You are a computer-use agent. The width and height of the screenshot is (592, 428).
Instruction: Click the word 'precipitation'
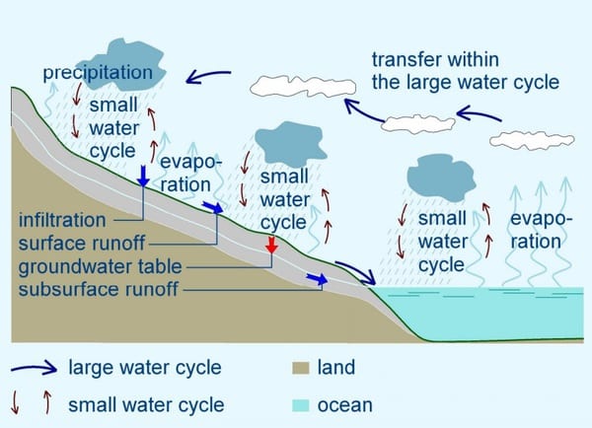(98, 72)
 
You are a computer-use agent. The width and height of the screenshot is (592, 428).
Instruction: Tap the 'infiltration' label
(62, 220)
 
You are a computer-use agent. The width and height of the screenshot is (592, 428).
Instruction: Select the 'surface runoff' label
(82, 243)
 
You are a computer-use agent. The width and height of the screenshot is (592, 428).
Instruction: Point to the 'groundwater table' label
(100, 266)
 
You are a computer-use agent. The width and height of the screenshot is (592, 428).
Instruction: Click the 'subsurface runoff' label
(98, 290)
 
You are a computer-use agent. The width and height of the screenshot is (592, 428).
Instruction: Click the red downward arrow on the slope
(271, 245)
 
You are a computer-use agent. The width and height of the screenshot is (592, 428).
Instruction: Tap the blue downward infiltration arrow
(143, 176)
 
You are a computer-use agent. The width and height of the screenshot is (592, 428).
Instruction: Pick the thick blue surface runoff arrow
(213, 207)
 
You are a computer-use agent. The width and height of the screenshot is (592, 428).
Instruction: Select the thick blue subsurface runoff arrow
(317, 278)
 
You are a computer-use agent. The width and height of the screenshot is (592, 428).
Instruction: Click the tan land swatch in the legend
(301, 368)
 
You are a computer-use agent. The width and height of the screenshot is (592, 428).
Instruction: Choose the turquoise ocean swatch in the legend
(301, 405)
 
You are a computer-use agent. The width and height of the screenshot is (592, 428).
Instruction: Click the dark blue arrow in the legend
(34, 367)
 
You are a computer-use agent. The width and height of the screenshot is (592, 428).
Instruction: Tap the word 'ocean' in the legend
(345, 405)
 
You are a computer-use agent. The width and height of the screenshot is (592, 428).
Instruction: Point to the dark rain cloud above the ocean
(441, 178)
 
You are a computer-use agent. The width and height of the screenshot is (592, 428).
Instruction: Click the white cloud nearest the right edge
(532, 140)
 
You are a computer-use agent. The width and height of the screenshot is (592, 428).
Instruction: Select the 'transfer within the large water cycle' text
(465, 71)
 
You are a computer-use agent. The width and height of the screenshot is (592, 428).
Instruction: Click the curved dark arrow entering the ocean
(357, 270)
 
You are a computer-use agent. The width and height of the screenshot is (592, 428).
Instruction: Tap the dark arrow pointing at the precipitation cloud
(208, 76)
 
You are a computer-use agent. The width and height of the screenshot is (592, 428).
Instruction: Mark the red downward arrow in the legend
(15, 402)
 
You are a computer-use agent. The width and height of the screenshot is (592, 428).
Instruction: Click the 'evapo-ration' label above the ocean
(542, 230)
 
